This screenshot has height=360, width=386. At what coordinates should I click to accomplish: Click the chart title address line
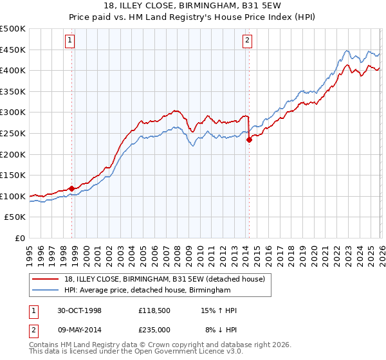[x=193, y=6]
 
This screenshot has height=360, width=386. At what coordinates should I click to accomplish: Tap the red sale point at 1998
[x=72, y=188]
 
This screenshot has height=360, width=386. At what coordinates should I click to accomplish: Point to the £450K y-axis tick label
[x=13, y=50]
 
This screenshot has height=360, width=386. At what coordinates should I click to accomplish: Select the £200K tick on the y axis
[x=13, y=154]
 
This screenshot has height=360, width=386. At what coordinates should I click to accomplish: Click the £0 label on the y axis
[x=21, y=239]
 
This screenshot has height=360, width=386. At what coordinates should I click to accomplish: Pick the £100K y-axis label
[x=13, y=196]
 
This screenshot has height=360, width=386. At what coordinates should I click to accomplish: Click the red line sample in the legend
[x=46, y=278]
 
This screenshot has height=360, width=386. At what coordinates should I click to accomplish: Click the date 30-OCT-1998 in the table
[x=78, y=310]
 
